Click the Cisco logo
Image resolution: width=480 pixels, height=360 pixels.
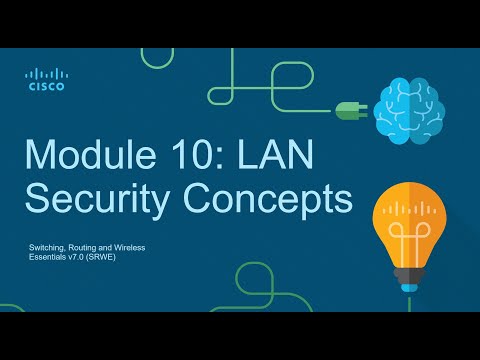pos(44,79)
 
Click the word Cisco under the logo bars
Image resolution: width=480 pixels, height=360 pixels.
pos(44,87)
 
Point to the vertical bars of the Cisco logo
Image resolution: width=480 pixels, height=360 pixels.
pos(44,73)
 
